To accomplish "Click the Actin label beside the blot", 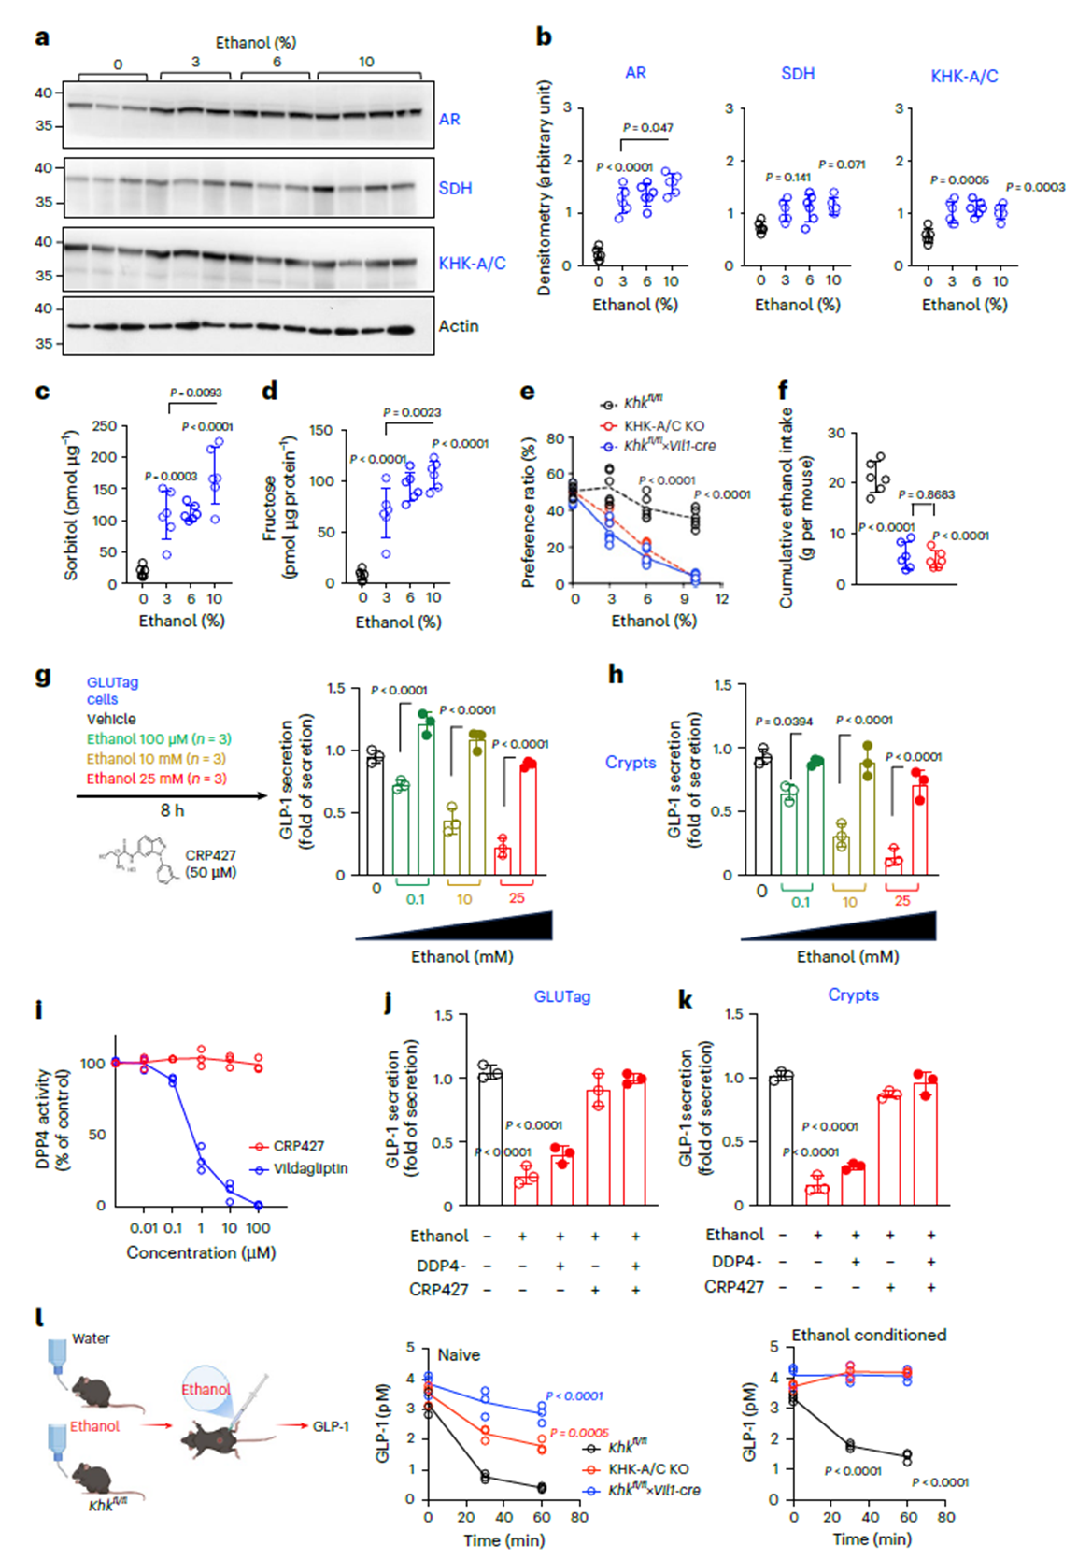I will point(458,326).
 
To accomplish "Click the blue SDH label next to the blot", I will point(455,189).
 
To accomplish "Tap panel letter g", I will point(43,677).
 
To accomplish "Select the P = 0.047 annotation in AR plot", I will point(647,128).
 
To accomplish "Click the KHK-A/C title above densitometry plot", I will point(964,77).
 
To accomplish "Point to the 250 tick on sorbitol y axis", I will point(105,426).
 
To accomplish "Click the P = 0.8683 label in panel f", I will point(927,494).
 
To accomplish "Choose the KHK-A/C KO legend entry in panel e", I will point(663,425).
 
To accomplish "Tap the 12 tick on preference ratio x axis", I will point(721,599).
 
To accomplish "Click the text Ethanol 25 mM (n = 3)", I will point(156,779).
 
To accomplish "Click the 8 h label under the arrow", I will point(172,810).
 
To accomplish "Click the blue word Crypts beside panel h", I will point(631,763).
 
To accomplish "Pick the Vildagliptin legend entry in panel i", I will point(309,1168).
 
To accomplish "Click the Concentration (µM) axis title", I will point(201,1252).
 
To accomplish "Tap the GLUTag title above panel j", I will point(561,997).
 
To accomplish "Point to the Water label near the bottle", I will point(91,1338).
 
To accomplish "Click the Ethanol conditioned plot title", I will point(869,1335).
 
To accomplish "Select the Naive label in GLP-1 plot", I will point(459,1354).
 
